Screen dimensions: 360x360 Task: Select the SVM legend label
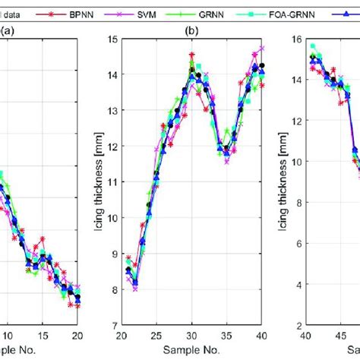click(166, 14)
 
